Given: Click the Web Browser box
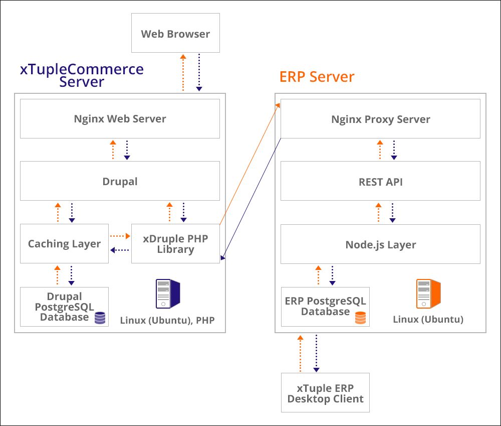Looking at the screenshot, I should pos(175,33).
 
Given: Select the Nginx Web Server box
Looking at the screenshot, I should pos(120,118).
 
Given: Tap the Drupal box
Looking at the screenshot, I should pos(120,181).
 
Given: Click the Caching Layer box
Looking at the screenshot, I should pos(64,243).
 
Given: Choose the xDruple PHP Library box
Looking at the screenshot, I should pos(175,243).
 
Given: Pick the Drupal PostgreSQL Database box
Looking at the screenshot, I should pos(64,306).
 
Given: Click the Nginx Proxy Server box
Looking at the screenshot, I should pos(380,119).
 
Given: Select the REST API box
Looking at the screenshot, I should pos(380,181).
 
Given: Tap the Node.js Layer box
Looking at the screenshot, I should pos(380,244).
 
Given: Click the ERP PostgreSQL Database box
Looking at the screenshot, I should pos(325,306).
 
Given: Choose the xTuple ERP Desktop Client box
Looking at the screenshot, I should pos(325,393).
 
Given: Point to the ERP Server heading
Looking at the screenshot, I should pos(317,77).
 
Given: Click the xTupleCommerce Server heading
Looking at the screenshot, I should pos(82,75).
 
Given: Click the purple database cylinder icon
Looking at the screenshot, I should pos(100,318).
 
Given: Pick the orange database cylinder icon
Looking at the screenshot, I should pos(360,318).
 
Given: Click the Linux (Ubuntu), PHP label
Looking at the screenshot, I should pos(167,320).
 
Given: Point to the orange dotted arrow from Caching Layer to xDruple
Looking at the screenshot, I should pos(120,235).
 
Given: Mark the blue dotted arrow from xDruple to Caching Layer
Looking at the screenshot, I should pos(120,250).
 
